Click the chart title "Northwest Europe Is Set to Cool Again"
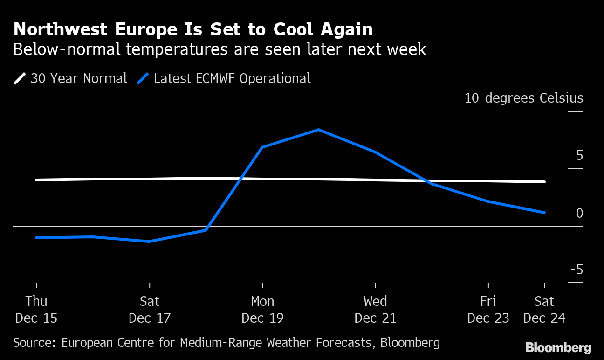[193, 29]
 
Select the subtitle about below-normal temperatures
[220, 49]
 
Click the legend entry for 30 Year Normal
[70, 78]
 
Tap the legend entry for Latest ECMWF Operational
[224, 78]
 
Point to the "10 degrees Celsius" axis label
[523, 98]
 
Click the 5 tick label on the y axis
[579, 156]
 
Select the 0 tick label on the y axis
[579, 213]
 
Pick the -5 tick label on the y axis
[577, 270]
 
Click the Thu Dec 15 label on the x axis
[36, 310]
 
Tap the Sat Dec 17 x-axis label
[150, 310]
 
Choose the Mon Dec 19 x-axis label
[262, 310]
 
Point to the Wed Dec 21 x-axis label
[375, 310]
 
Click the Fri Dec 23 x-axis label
[488, 310]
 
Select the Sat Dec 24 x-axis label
[544, 310]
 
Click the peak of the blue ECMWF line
[318, 130]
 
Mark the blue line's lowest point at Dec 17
[149, 242]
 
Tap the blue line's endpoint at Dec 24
[544, 213]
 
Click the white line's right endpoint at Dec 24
[544, 182]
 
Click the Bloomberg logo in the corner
[558, 348]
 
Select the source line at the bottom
[226, 343]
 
